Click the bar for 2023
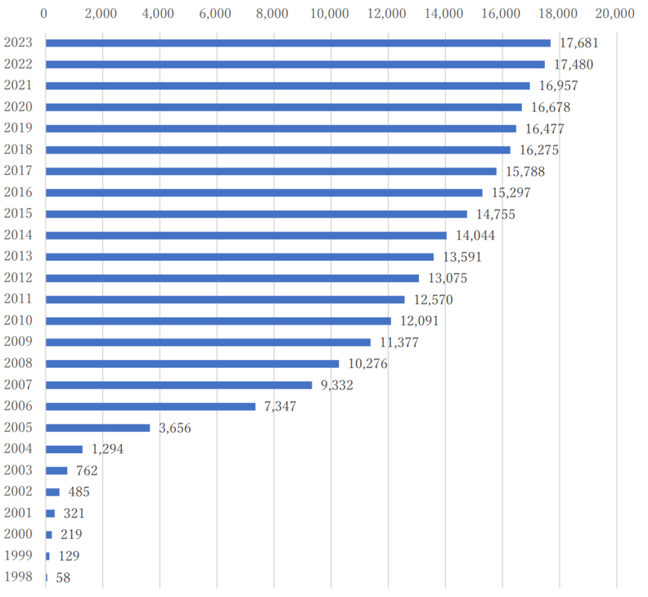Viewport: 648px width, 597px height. (x=297, y=43)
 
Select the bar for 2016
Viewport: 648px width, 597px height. (x=264, y=192)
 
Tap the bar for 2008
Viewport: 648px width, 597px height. (x=192, y=364)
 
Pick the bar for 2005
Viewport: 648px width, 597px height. (x=98, y=428)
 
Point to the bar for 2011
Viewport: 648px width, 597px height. (x=225, y=299)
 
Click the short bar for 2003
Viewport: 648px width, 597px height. (x=56, y=470)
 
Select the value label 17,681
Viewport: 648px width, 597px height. (x=579, y=43)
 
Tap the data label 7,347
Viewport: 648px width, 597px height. (x=280, y=406)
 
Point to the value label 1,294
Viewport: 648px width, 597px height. (x=108, y=449)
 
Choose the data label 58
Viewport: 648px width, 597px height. (x=63, y=577)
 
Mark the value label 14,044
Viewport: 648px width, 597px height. (x=475, y=236)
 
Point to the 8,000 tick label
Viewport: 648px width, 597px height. (x=273, y=13)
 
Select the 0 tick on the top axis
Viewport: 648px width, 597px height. (x=44, y=13)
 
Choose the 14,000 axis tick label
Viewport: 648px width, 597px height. (x=445, y=13)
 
